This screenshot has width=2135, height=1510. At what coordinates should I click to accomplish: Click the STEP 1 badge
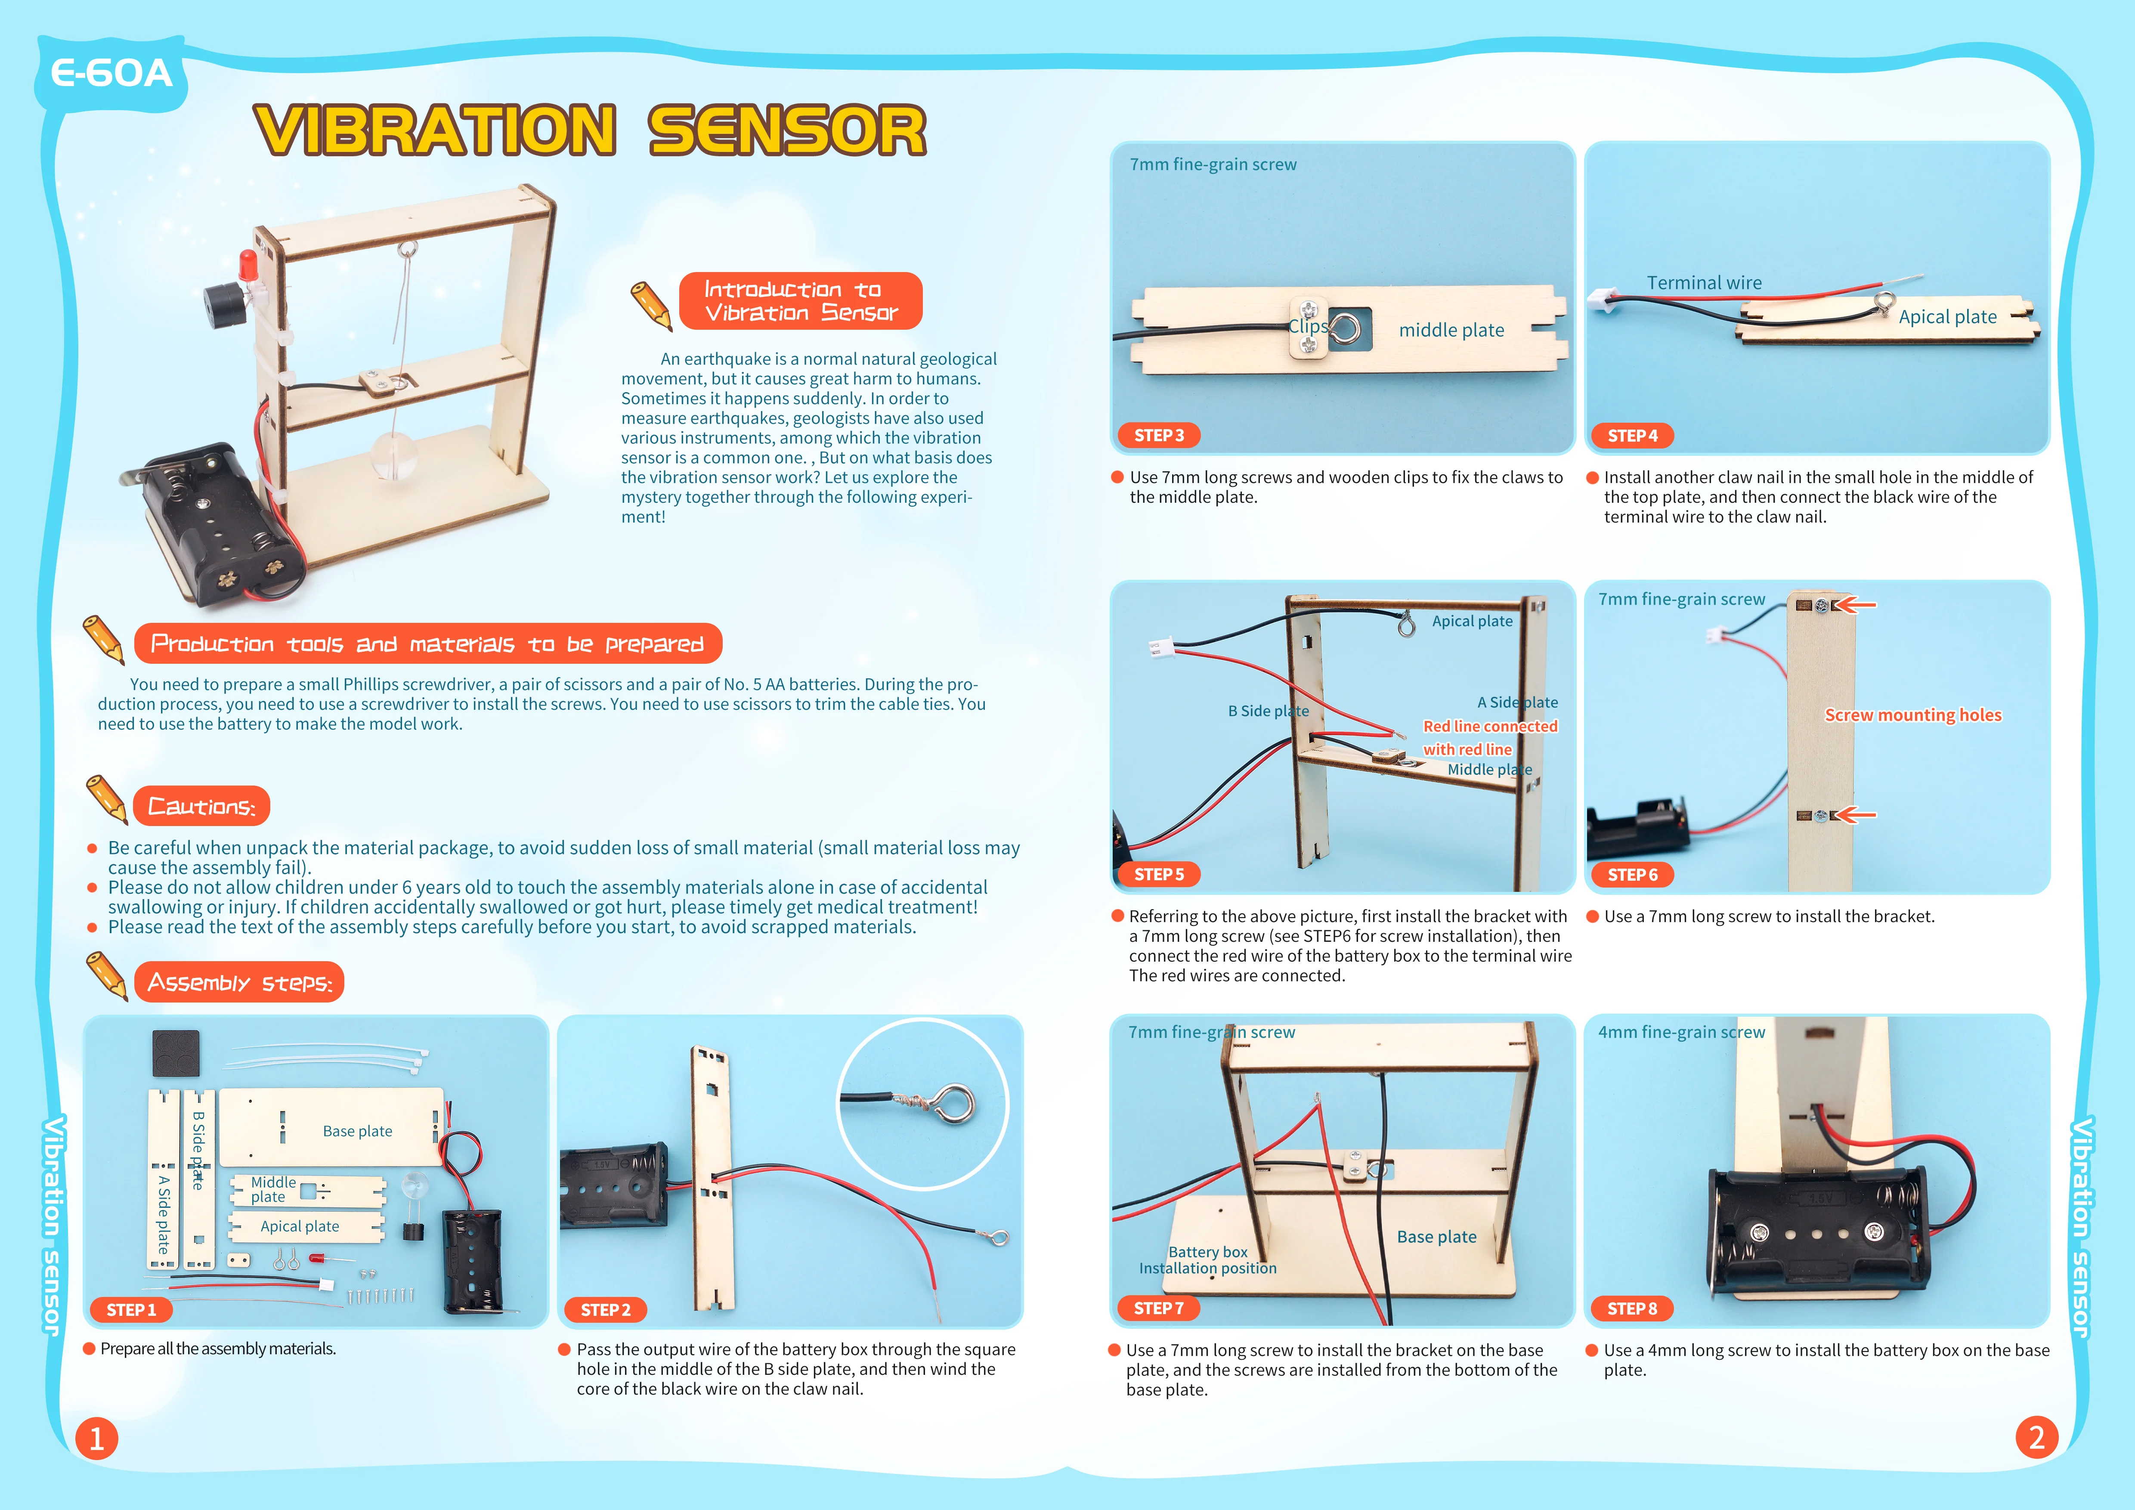pos(131,1309)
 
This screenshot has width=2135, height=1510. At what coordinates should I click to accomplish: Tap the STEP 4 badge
pos(1632,435)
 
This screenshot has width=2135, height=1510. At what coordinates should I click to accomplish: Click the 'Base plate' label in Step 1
pos(357,1131)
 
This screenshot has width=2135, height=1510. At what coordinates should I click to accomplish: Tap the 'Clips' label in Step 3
pos(1307,326)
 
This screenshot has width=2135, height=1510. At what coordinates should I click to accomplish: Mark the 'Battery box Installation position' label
pos(1207,1260)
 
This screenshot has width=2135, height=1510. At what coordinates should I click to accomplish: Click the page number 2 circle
pos(2036,1438)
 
